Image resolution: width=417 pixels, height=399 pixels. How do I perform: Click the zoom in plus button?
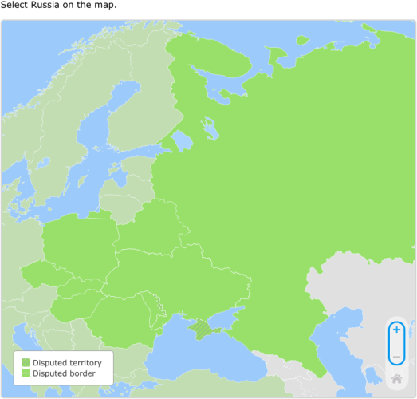pos(396,330)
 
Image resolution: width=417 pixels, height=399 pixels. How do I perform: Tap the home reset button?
pos(396,380)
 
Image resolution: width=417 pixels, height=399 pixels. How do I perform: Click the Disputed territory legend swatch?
pos(26,363)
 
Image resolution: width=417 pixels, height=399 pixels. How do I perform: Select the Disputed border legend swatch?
pos(26,373)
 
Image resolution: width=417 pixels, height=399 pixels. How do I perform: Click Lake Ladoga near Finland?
pos(182,140)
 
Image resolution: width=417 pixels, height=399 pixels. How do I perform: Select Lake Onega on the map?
pos(210,127)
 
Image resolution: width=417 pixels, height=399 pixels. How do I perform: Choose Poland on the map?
pos(80,243)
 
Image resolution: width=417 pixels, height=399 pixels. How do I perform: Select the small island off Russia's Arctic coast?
pos(302,39)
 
